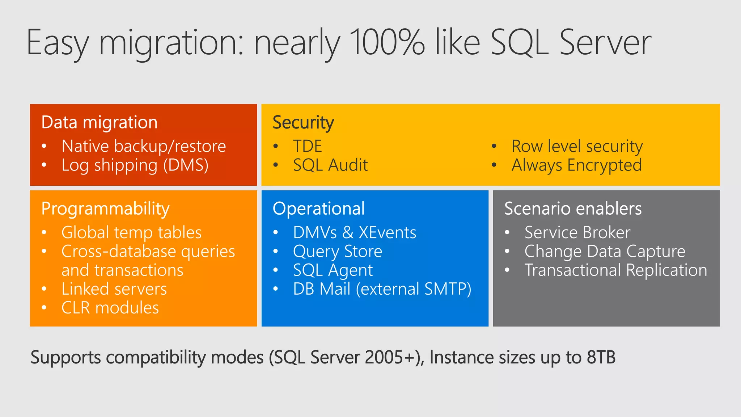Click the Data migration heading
click(99, 122)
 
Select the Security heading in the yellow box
click(303, 122)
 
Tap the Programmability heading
click(105, 209)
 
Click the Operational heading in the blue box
click(319, 209)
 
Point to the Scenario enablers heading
click(573, 209)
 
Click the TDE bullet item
click(308, 146)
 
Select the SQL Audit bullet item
click(330, 165)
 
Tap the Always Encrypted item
click(577, 165)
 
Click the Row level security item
click(577, 146)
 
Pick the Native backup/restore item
click(144, 146)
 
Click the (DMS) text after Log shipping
click(186, 165)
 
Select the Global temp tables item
click(131, 232)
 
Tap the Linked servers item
click(114, 289)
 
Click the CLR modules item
click(110, 308)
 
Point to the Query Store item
click(338, 251)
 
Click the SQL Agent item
click(333, 270)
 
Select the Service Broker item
click(577, 232)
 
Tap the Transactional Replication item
click(616, 270)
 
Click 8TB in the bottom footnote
click(601, 357)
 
